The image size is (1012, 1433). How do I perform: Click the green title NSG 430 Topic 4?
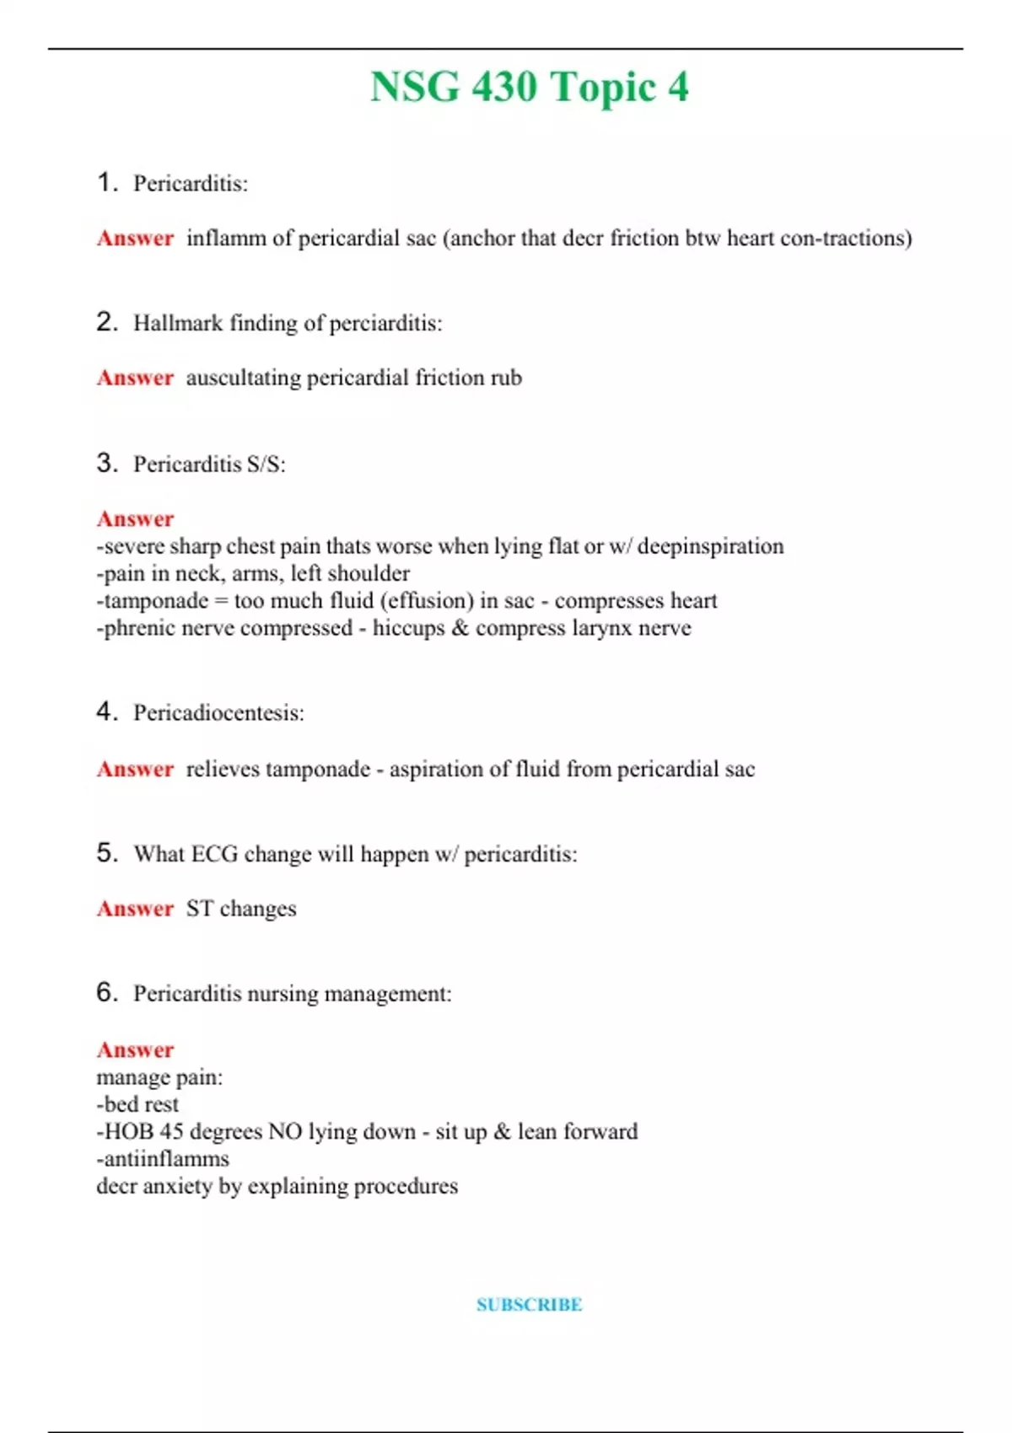[529, 87]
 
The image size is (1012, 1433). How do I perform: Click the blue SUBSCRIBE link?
[529, 1305]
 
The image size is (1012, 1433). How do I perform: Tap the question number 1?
[106, 182]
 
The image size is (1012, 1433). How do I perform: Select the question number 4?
[106, 711]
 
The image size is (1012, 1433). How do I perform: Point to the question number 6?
[106, 992]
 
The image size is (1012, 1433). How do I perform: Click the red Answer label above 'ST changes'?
[135, 909]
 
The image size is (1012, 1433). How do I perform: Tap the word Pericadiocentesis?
[218, 713]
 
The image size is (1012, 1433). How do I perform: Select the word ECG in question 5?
[214, 854]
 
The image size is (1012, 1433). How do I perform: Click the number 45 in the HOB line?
[171, 1131]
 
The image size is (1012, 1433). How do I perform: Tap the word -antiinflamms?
[163, 1159]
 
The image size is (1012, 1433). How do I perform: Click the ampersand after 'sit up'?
[503, 1131]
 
